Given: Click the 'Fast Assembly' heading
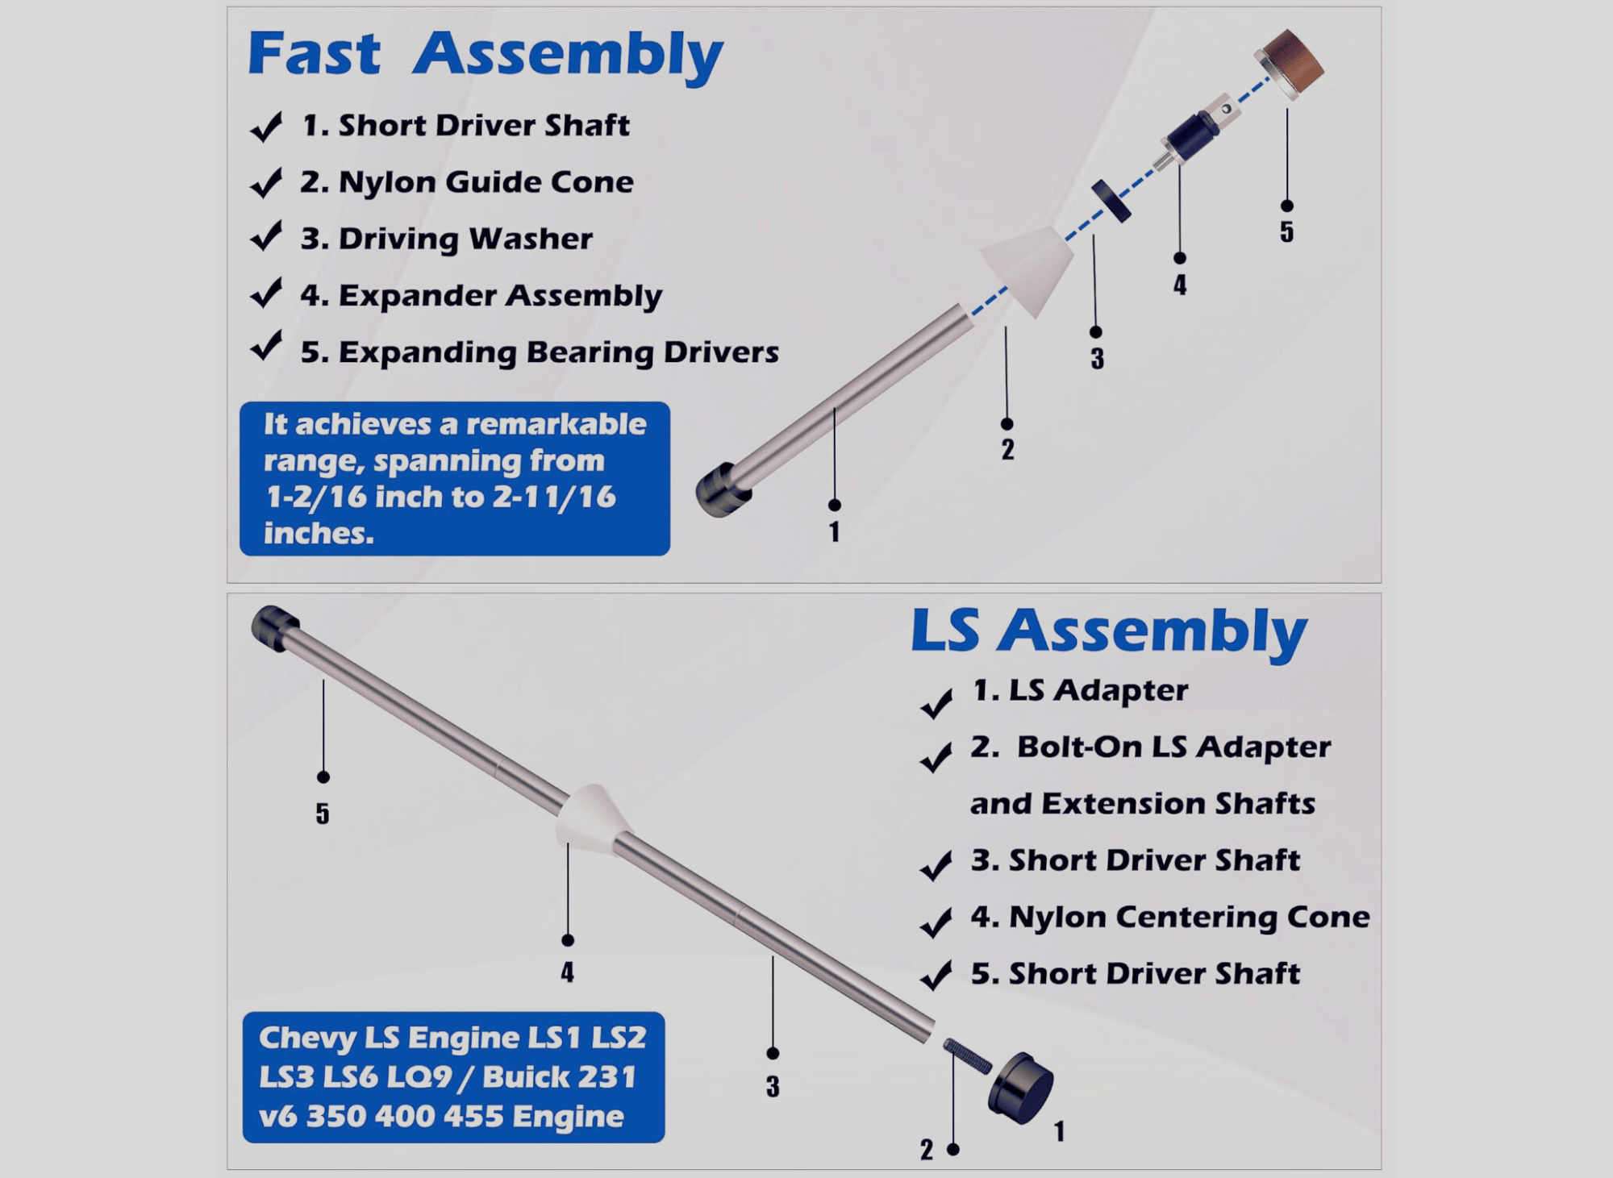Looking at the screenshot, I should click(x=485, y=55).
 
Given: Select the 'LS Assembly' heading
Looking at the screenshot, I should click(x=1108, y=631).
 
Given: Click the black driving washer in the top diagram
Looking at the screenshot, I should click(x=1111, y=201).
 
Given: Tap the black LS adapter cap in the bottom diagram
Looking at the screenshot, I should click(x=1021, y=1089).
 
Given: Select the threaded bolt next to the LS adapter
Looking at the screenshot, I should click(x=966, y=1055).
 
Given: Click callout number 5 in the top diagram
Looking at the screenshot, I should click(x=1286, y=232).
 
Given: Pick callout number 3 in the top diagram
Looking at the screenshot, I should click(x=1097, y=359).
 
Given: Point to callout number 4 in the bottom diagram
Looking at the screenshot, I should click(x=568, y=972).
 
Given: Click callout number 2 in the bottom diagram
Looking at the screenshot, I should click(x=927, y=1150).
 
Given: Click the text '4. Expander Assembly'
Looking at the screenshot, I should click(x=481, y=296).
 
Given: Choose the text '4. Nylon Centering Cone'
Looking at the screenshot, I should click(x=1169, y=918).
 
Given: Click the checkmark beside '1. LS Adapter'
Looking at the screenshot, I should click(x=936, y=703).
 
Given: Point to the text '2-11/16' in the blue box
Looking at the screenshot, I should click(x=554, y=497).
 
